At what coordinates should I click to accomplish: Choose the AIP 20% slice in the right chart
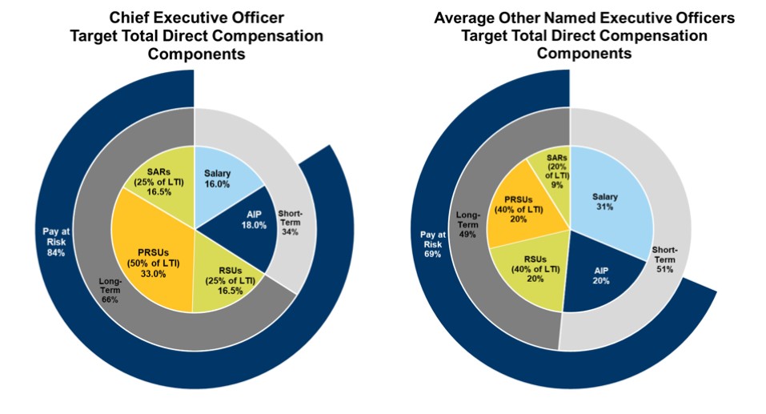[600, 275]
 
